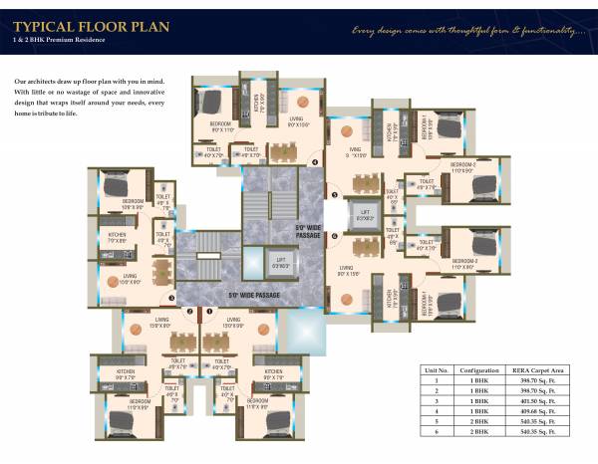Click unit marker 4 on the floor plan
pos(315,161)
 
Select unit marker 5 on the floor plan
pos(335,195)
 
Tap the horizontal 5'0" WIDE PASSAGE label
pos(247,296)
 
